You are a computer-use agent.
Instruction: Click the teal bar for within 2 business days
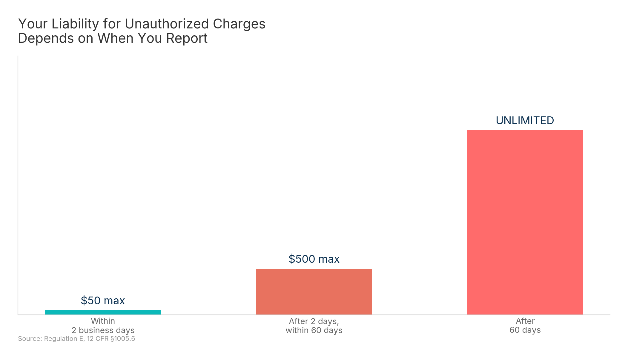click(103, 312)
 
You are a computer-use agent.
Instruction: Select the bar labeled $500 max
click(314, 291)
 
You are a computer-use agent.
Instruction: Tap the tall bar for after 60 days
click(525, 222)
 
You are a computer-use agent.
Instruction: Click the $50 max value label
click(103, 300)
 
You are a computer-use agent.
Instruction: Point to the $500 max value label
click(314, 259)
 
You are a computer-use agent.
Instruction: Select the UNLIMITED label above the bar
click(525, 121)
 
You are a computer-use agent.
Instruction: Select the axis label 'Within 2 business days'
click(103, 326)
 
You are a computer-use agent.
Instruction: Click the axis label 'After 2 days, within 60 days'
click(314, 326)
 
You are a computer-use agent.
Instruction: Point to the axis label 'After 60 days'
click(525, 326)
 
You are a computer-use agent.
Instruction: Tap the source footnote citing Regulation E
click(76, 339)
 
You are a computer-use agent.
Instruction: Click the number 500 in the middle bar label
click(305, 259)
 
